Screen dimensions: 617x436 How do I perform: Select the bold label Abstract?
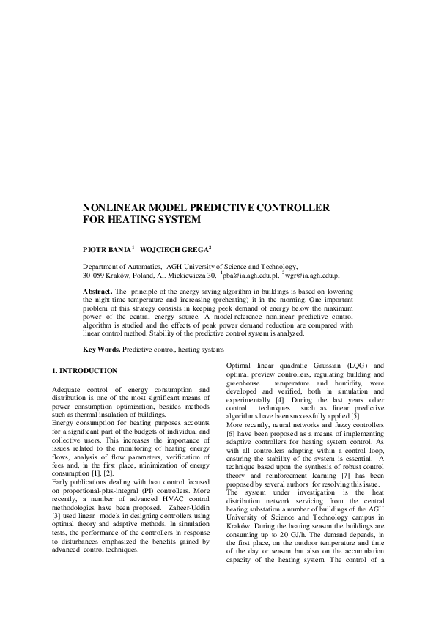97,292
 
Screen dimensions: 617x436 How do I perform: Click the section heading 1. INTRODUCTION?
84,371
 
